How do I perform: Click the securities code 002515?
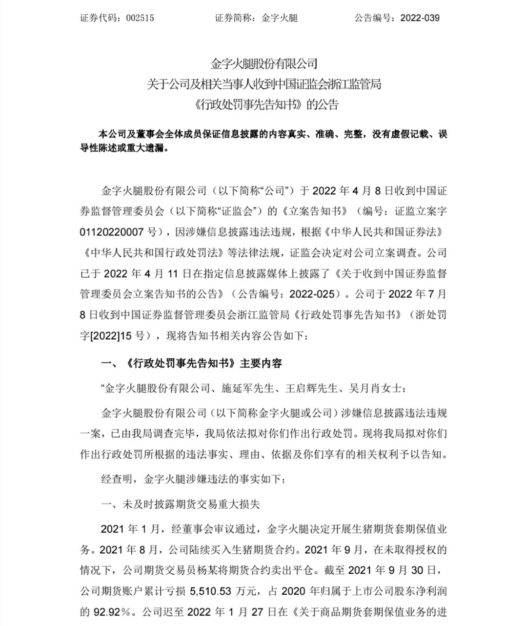(x=140, y=18)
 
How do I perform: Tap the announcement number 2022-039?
(x=420, y=18)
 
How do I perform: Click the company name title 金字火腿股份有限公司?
(x=263, y=63)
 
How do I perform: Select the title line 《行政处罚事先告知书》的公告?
(x=263, y=104)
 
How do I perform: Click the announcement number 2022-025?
(x=313, y=294)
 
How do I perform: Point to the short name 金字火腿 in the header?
(x=280, y=18)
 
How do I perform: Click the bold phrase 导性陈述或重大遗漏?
(x=123, y=148)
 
